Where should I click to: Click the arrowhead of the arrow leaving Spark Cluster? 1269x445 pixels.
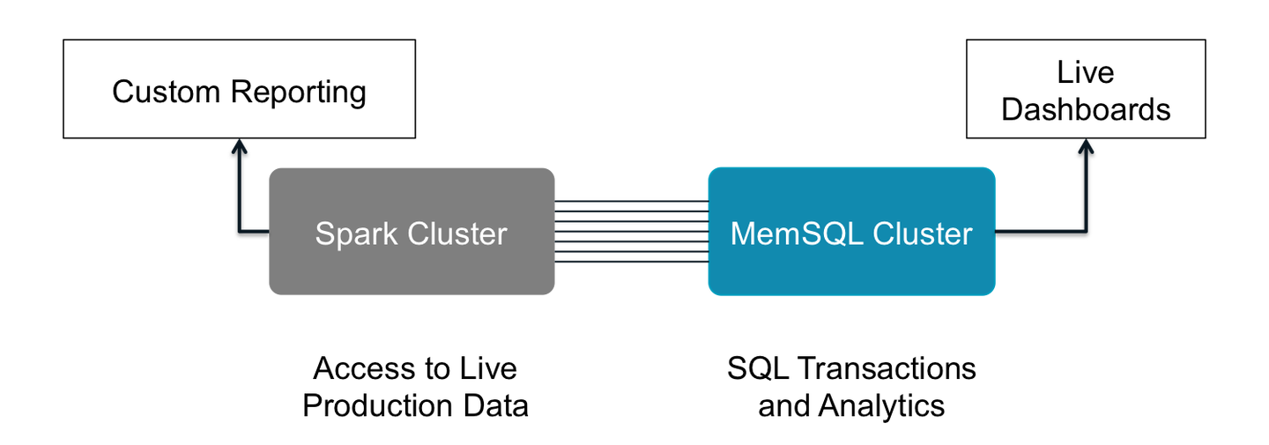point(238,145)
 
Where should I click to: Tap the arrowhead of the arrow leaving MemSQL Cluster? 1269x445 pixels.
point(1086,145)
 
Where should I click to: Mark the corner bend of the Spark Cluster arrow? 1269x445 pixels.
point(239,231)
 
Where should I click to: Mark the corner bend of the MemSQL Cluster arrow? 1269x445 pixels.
point(1086,231)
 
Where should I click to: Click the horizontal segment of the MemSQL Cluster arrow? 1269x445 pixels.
point(1040,231)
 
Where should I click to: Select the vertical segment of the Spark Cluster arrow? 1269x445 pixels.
point(238,189)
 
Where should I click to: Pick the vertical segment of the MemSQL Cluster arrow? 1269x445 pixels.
point(1086,189)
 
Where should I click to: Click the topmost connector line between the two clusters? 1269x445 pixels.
point(631,201)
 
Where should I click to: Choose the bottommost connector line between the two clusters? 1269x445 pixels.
point(631,263)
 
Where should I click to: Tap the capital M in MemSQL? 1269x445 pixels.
point(742,234)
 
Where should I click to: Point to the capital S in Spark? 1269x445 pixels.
point(324,234)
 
